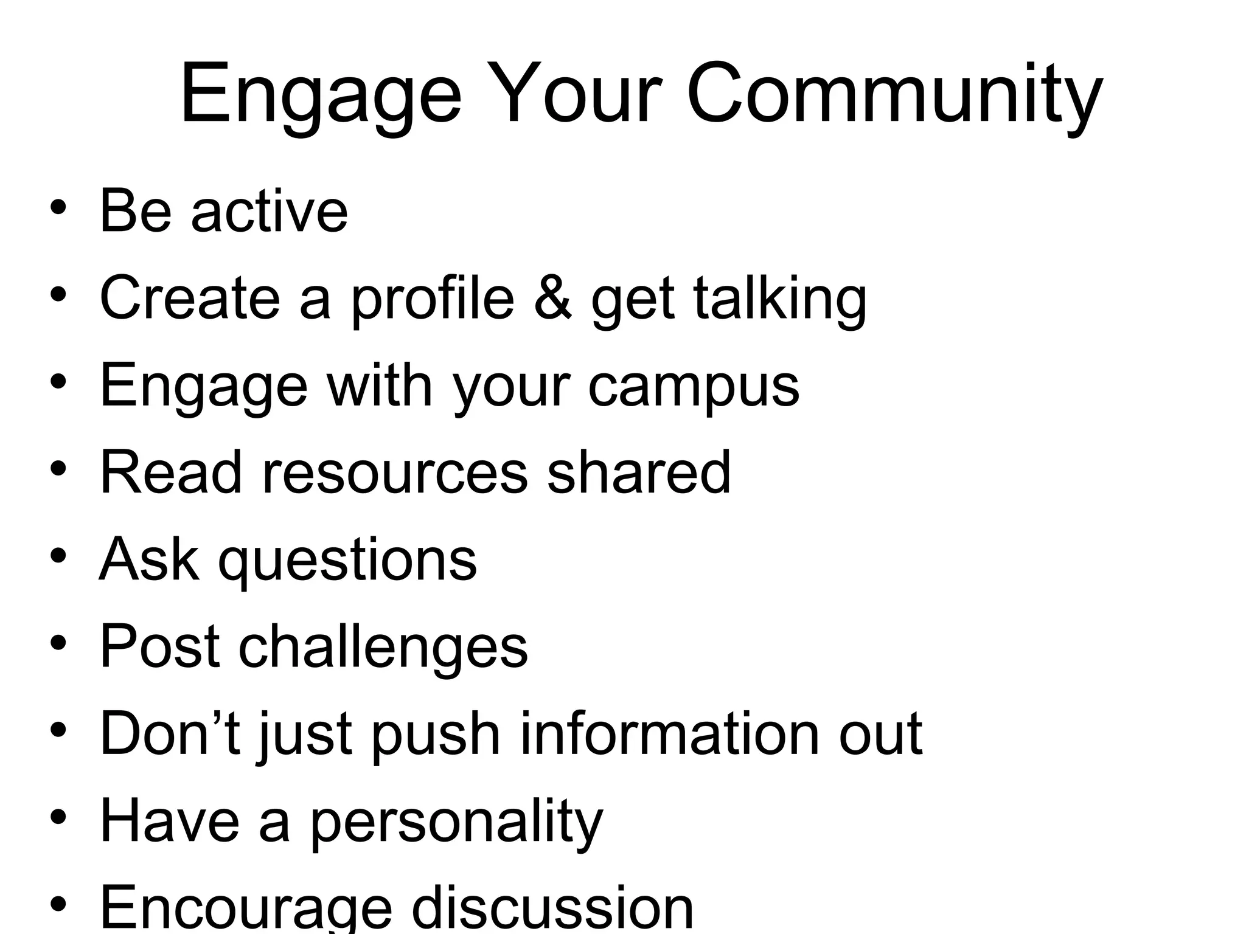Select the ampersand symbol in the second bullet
[552, 298]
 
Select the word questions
[348, 561]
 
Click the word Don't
[171, 734]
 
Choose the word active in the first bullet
[270, 211]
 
